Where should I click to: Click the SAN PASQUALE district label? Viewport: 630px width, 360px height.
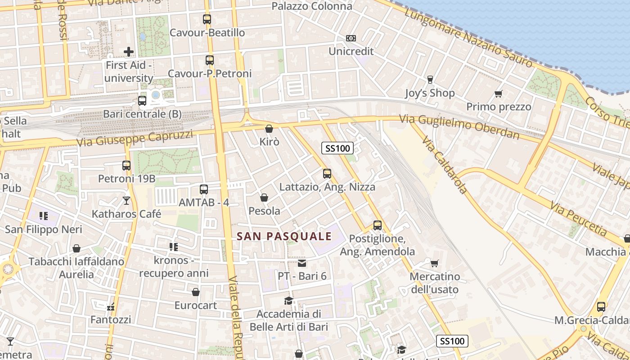tap(284, 236)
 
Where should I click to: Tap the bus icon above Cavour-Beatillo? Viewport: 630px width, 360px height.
tap(207, 19)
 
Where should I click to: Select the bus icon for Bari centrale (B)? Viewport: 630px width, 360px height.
tap(142, 101)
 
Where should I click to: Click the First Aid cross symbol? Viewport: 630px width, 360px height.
tap(129, 52)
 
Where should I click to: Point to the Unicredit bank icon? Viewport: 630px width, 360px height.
tap(351, 38)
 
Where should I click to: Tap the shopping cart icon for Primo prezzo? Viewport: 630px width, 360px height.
tap(498, 94)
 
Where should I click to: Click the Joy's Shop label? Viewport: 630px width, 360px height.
tap(430, 93)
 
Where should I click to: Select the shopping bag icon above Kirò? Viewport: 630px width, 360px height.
tap(269, 129)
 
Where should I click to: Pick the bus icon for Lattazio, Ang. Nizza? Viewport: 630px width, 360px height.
tap(327, 173)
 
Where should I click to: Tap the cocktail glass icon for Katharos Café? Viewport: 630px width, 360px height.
tap(126, 200)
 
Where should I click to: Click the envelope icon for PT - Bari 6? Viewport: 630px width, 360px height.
tap(302, 263)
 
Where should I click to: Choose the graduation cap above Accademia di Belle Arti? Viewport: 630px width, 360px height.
tap(288, 301)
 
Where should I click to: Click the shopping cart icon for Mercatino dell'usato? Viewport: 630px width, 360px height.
tap(434, 263)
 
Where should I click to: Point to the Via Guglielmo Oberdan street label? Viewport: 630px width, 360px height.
tap(459, 127)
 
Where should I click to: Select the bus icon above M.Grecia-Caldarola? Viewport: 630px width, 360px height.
tap(601, 307)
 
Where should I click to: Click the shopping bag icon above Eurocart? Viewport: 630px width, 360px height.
tap(196, 292)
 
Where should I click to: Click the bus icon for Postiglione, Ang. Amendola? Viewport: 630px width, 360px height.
tap(378, 225)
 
